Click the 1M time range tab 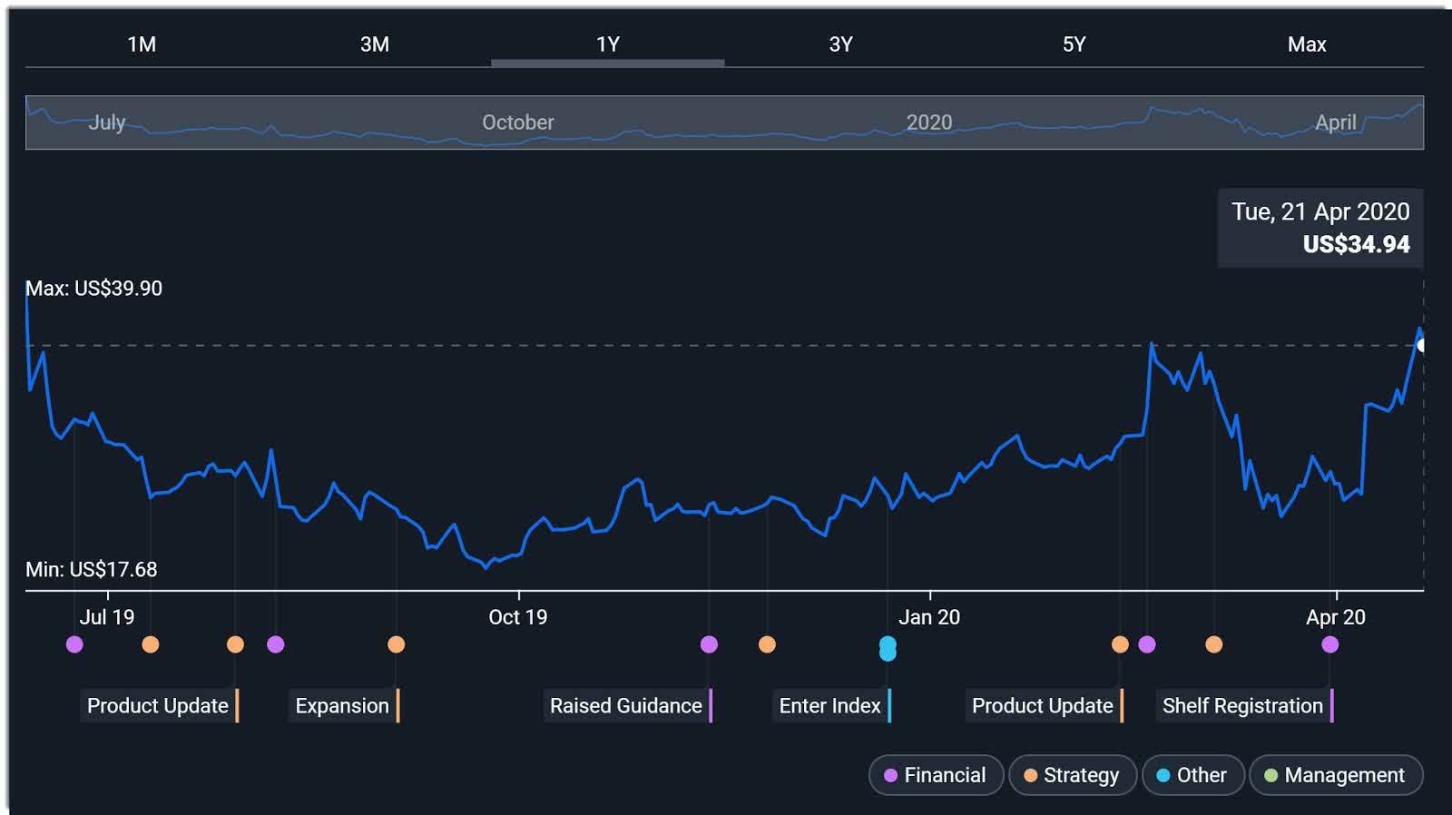pyautogui.click(x=142, y=44)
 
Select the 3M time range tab pyautogui.click(x=374, y=44)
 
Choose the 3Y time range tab pyautogui.click(x=840, y=44)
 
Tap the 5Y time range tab pyautogui.click(x=1074, y=44)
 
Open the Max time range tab pyautogui.click(x=1306, y=44)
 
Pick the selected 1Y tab pyautogui.click(x=607, y=44)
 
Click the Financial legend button pyautogui.click(x=936, y=775)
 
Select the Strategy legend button pyautogui.click(x=1072, y=775)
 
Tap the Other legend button pyautogui.click(x=1192, y=775)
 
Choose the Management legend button pyautogui.click(x=1335, y=775)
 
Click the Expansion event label pyautogui.click(x=342, y=706)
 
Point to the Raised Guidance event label pyautogui.click(x=626, y=706)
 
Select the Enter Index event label pyautogui.click(x=829, y=706)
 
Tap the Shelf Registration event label pyautogui.click(x=1242, y=706)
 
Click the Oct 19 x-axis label pyautogui.click(x=517, y=617)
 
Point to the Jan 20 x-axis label pyautogui.click(x=928, y=617)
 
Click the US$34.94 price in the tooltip pyautogui.click(x=1356, y=244)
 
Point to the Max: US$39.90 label pyautogui.click(x=93, y=289)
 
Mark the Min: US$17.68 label pyautogui.click(x=91, y=570)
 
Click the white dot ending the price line pyautogui.click(x=1422, y=346)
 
